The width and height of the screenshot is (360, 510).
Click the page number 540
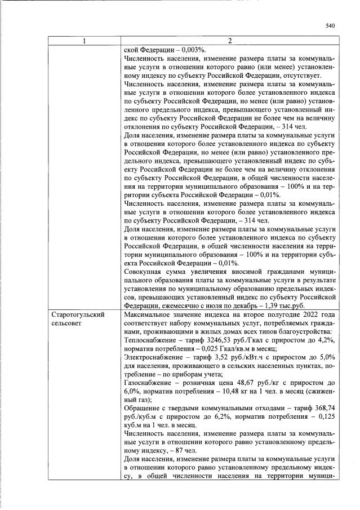330,25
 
